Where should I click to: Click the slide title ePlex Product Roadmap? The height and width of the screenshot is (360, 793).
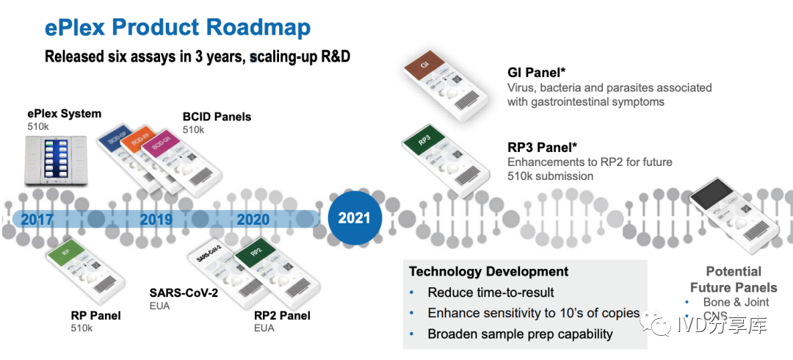coord(177,27)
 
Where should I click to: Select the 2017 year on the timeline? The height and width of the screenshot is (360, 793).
coord(37,219)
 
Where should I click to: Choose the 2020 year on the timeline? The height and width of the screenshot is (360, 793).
coord(253,219)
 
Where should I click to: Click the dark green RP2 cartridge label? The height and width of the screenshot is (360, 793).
coord(255,251)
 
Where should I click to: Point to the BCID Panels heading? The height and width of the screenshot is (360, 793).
coord(217,117)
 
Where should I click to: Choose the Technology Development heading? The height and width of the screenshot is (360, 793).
coord(488,272)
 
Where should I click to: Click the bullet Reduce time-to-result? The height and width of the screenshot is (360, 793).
coord(490,292)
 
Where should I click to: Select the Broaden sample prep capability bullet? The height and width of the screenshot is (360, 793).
coord(520,334)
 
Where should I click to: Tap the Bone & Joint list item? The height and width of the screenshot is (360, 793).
coord(736,302)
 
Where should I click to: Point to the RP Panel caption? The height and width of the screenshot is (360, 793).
coord(95,315)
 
